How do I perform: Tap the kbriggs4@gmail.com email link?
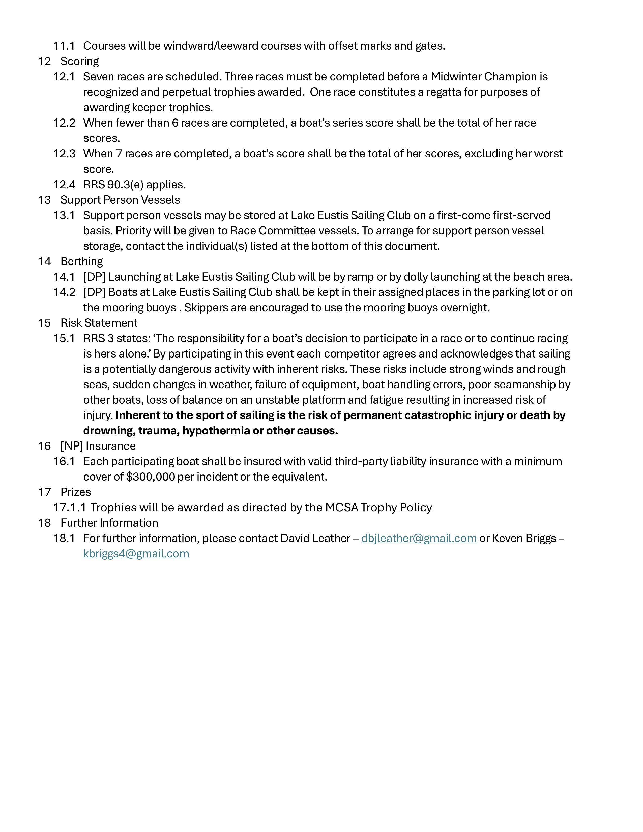coord(136,553)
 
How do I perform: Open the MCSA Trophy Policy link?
coord(378,508)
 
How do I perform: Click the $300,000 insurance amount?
coord(151,477)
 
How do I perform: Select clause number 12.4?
coord(64,185)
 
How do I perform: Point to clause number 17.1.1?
coord(69,508)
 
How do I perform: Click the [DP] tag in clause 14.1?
coord(94,277)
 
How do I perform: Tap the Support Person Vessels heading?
coord(120,200)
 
